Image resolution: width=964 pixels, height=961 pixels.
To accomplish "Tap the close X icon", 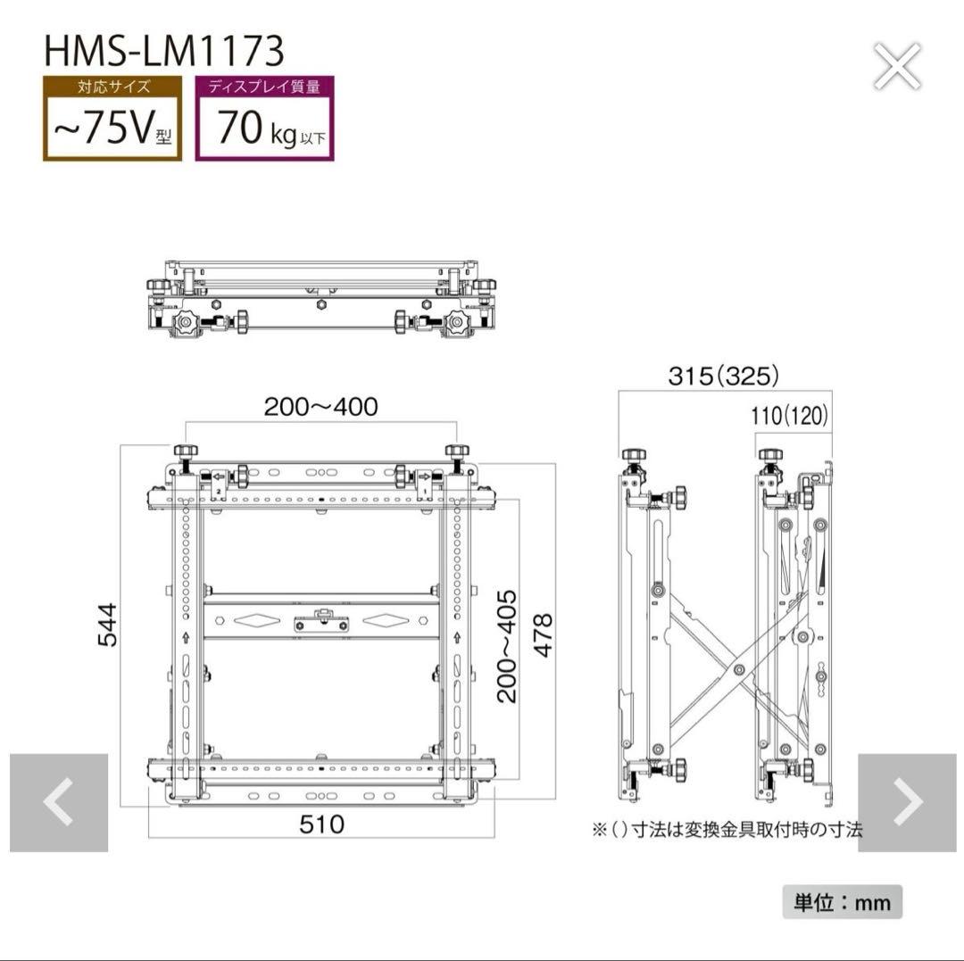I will click(x=897, y=67).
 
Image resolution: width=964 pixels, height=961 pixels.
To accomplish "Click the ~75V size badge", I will click(x=112, y=119).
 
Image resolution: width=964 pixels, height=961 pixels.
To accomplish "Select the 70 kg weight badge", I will click(x=264, y=119).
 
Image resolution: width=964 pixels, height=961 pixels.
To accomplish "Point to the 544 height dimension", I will click(x=107, y=625).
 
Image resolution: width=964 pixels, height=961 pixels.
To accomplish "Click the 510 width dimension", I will click(x=321, y=824).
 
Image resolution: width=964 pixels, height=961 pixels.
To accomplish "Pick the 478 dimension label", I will click(x=542, y=634).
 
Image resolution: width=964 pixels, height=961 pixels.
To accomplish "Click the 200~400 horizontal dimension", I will click(x=320, y=407).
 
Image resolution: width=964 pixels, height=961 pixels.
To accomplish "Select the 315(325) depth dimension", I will click(x=724, y=376).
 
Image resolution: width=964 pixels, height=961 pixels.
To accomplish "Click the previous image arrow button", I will click(x=59, y=802).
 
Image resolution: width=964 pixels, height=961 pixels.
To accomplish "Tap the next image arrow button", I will click(x=907, y=802).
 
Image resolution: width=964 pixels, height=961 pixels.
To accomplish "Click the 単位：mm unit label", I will click(x=843, y=902).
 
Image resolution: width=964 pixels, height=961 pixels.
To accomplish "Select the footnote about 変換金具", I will click(x=727, y=830).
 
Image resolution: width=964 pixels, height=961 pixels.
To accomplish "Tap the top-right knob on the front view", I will click(x=457, y=452).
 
